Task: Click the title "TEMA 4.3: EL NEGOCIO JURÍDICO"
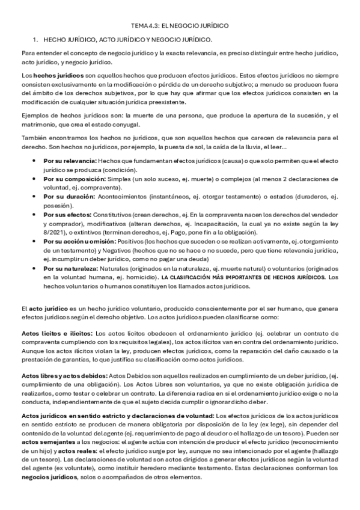(x=180, y=26)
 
